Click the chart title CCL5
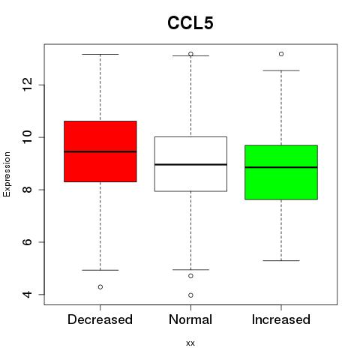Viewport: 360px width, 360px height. click(x=190, y=23)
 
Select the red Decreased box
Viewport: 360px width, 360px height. click(x=100, y=151)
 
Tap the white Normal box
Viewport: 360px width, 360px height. click(x=190, y=164)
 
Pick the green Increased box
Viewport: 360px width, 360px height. click(x=281, y=172)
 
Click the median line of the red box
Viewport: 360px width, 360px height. click(x=100, y=151)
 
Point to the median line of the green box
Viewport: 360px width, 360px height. click(x=281, y=167)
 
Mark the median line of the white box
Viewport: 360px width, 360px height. click(x=190, y=164)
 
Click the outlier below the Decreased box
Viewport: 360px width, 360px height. click(x=100, y=287)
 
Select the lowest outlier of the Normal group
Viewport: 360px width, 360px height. click(x=190, y=295)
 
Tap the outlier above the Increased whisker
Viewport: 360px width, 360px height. click(x=281, y=54)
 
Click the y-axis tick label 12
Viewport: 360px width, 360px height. click(x=28, y=85)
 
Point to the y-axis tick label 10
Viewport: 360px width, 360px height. click(x=28, y=136)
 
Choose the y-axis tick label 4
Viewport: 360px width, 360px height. click(x=28, y=294)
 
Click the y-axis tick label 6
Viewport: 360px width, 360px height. click(x=28, y=241)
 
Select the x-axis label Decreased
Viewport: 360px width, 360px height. click(x=100, y=319)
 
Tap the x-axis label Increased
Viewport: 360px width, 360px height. click(x=281, y=319)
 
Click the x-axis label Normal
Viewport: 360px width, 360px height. click(x=190, y=319)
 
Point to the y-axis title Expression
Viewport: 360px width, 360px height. click(x=7, y=174)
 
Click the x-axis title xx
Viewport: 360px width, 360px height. click(x=190, y=343)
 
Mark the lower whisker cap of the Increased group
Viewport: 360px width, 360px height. click(x=281, y=261)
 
